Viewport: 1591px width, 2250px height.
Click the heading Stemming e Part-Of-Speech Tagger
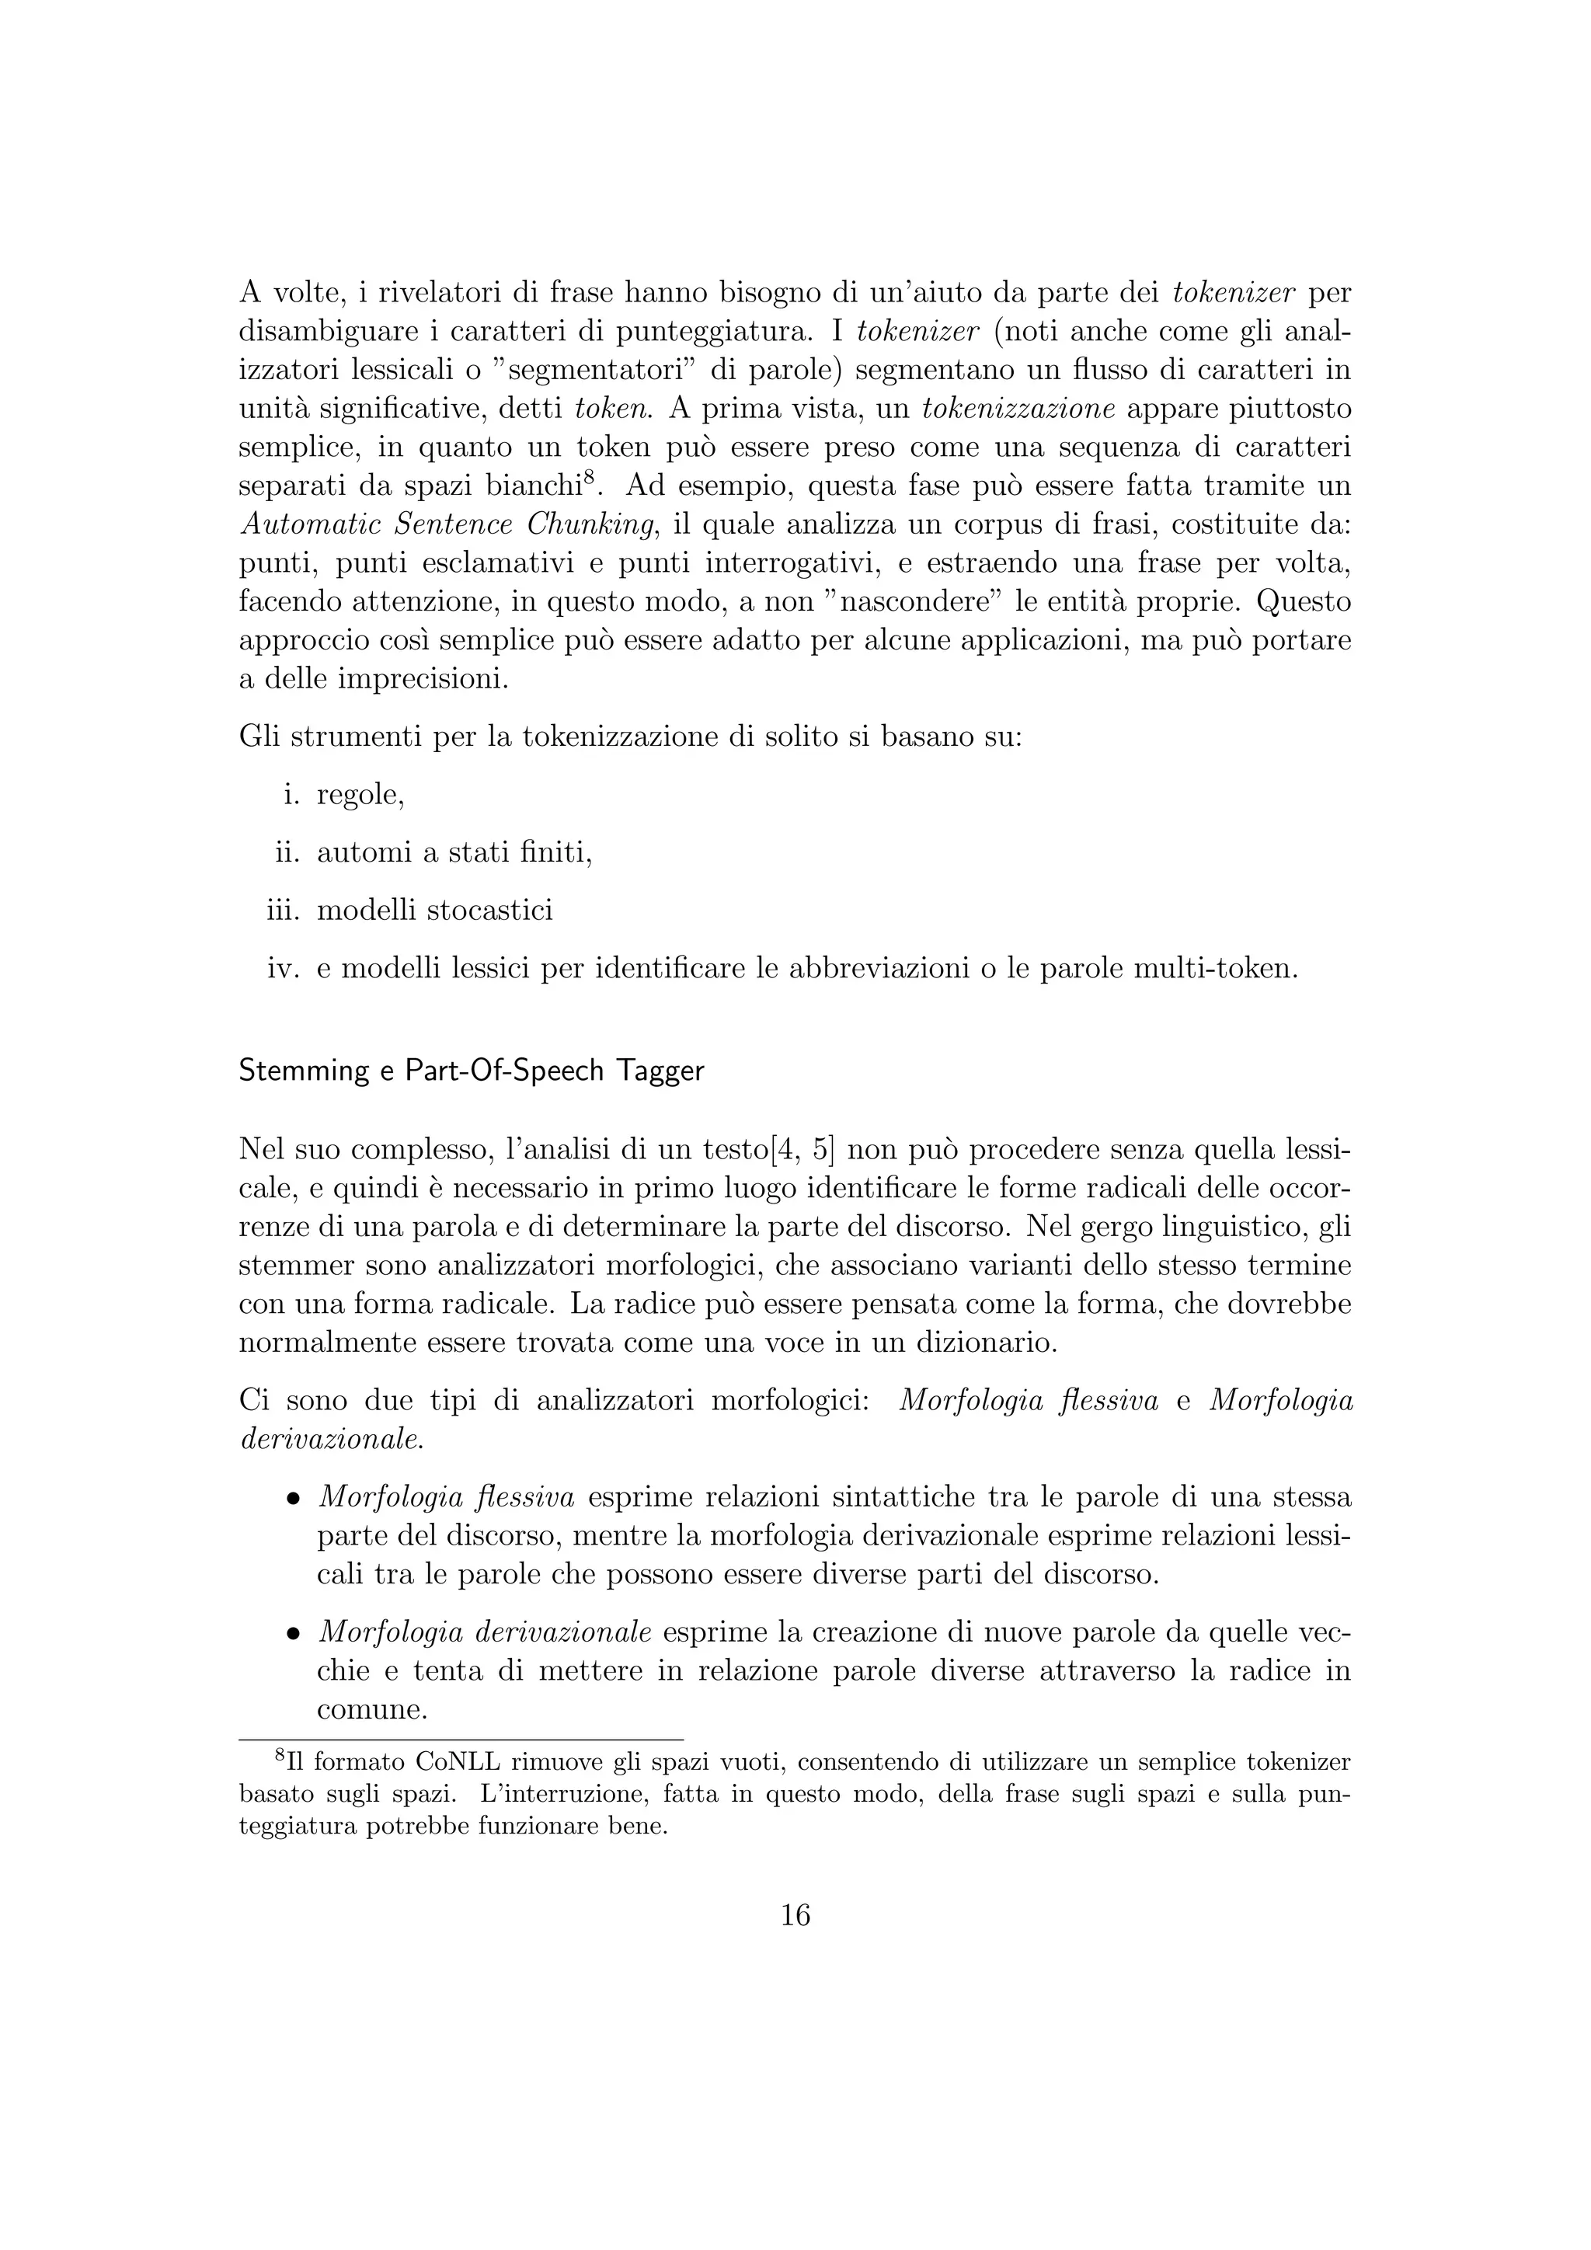[x=472, y=1071]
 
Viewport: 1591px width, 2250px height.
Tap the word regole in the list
[x=359, y=796]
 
